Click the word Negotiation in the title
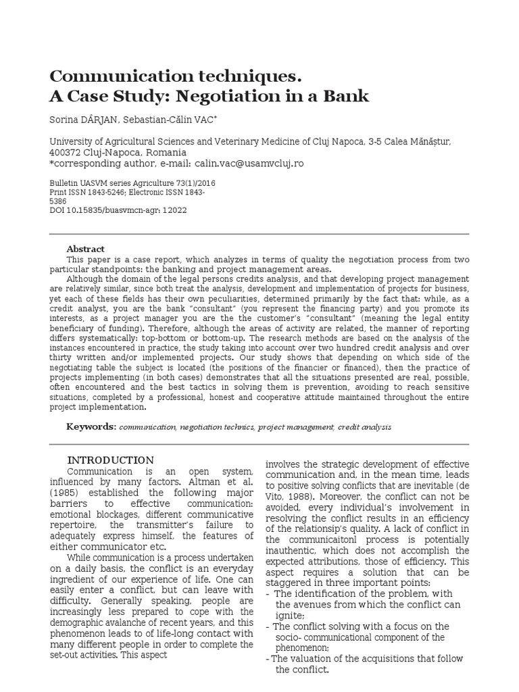(x=222, y=96)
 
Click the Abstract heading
(x=85, y=249)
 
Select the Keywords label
(x=91, y=427)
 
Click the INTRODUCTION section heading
(x=111, y=460)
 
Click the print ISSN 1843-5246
(x=107, y=192)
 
